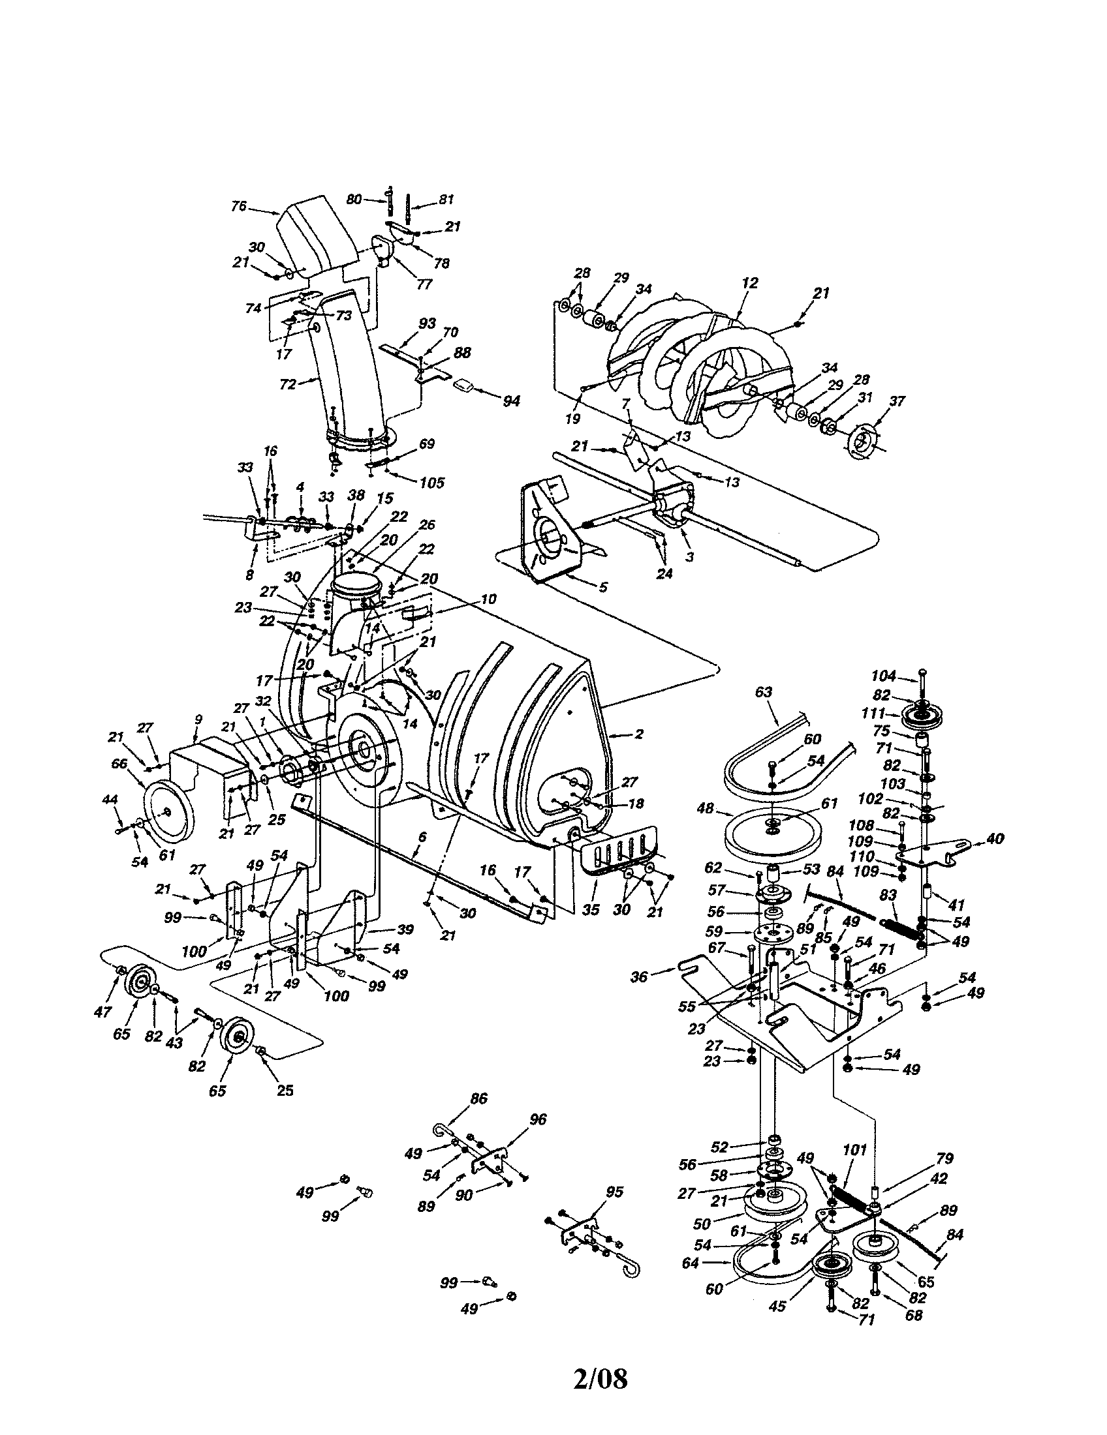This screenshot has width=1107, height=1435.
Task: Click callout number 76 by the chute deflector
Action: [x=239, y=206]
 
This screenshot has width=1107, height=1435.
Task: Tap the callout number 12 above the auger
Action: [x=749, y=283]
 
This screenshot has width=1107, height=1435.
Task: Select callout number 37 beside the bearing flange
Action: [x=897, y=401]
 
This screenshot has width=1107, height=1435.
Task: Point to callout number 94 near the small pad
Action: [x=511, y=400]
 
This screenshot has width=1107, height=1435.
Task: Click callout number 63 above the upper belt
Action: [x=763, y=692]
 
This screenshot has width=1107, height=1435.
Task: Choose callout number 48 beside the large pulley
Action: [x=706, y=809]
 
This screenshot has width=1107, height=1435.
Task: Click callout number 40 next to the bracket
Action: [x=995, y=838]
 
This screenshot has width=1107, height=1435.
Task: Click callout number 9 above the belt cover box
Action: [x=198, y=719]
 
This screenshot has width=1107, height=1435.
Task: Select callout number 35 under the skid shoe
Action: [x=591, y=910]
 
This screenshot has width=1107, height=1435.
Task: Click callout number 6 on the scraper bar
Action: [x=422, y=837]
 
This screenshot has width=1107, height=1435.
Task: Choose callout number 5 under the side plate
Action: [x=603, y=587]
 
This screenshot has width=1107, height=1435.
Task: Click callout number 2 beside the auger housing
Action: [x=638, y=734]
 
